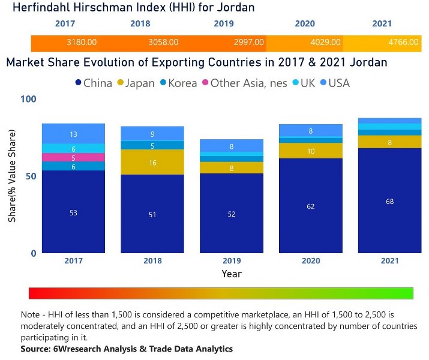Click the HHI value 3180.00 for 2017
(x=82, y=43)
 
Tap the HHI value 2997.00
(x=249, y=43)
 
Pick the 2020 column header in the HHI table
(x=305, y=24)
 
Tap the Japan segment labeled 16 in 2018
(x=152, y=162)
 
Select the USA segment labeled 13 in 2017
(x=73, y=134)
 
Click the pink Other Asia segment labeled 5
(x=73, y=158)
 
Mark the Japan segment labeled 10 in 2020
(x=310, y=151)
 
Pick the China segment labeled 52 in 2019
(x=231, y=213)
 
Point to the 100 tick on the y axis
(x=28, y=99)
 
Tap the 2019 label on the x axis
(x=231, y=262)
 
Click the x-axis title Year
(x=231, y=274)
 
